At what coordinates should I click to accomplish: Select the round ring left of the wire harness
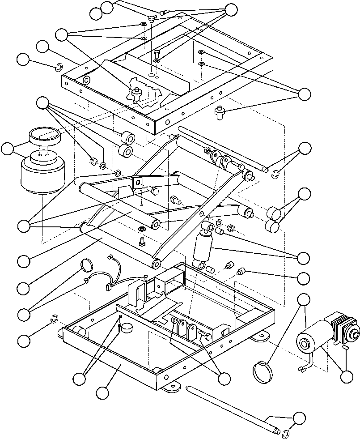point(87,265)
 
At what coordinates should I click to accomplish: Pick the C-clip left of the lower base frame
point(54,319)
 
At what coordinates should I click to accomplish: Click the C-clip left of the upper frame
point(59,68)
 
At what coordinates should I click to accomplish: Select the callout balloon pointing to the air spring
point(8,149)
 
